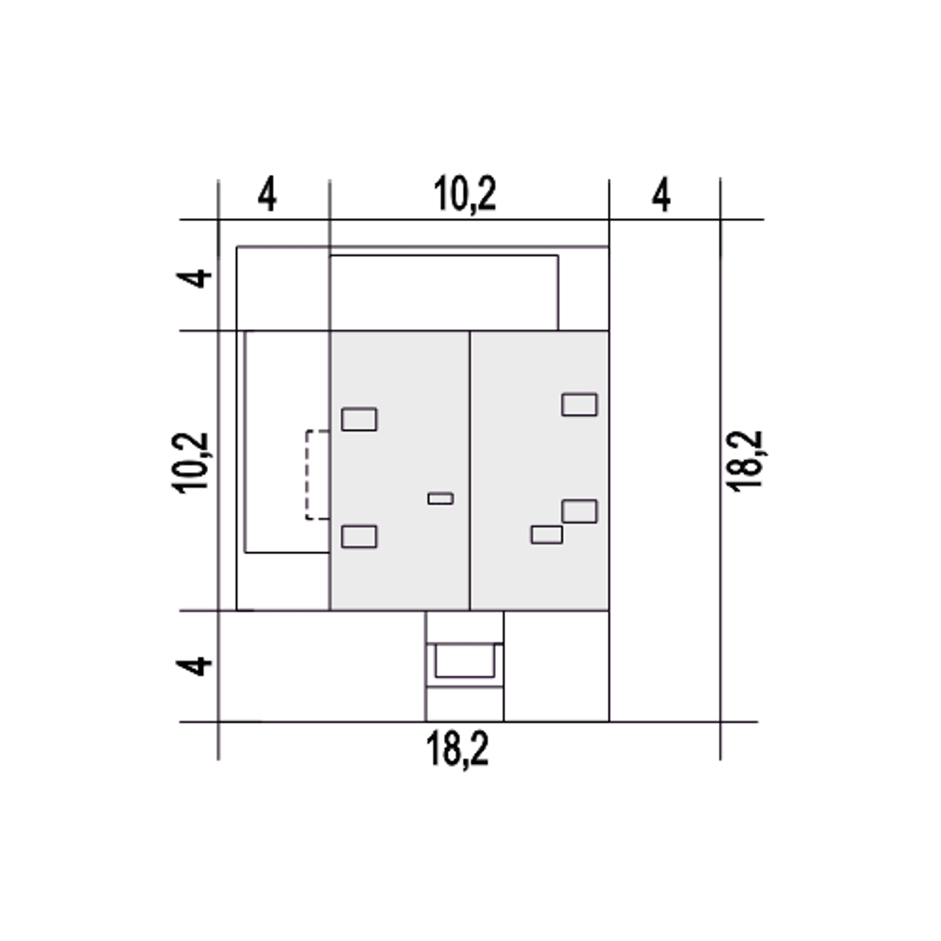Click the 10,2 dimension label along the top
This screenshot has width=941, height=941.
(x=465, y=195)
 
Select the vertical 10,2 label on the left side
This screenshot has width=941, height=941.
(x=190, y=463)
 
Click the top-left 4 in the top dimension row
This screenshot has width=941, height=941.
(x=267, y=195)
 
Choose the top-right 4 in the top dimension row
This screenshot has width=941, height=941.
(x=661, y=195)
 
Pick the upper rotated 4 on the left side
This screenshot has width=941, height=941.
(x=194, y=279)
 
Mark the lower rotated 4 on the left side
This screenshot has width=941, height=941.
(x=194, y=666)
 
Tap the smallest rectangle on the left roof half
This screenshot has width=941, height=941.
(x=440, y=498)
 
